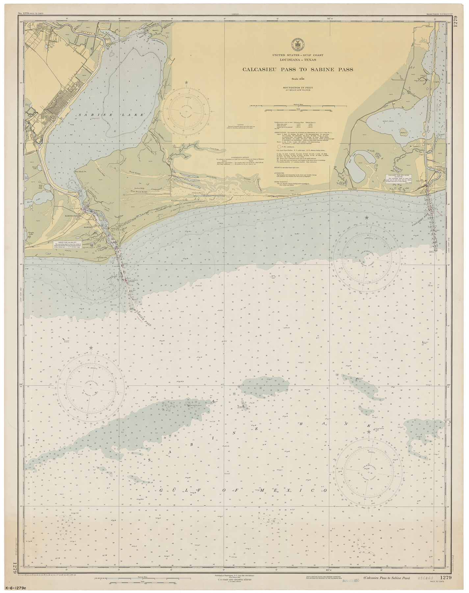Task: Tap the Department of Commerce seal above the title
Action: (298, 43)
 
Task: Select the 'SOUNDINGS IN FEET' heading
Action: (298, 87)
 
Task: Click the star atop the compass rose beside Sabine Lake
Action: (187, 82)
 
